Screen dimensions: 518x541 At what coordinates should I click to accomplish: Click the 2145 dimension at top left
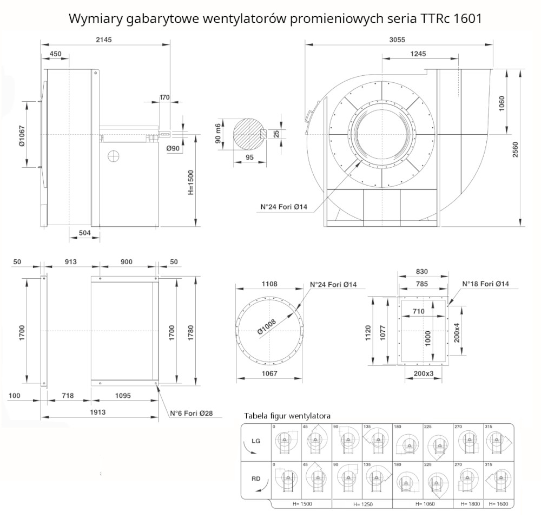105,39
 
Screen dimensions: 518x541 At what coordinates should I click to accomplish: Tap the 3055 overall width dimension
398,39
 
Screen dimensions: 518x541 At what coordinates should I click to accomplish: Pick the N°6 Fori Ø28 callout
192,414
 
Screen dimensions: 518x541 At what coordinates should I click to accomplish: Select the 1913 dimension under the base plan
97,412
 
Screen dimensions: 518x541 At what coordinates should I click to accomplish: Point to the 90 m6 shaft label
219,133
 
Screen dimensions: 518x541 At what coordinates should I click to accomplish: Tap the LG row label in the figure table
255,441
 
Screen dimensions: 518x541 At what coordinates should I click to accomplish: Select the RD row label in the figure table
255,478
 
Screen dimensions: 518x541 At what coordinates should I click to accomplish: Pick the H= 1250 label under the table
363,504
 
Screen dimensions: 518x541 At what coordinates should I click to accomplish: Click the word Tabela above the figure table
258,416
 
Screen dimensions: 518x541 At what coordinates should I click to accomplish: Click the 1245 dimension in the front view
419,54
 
